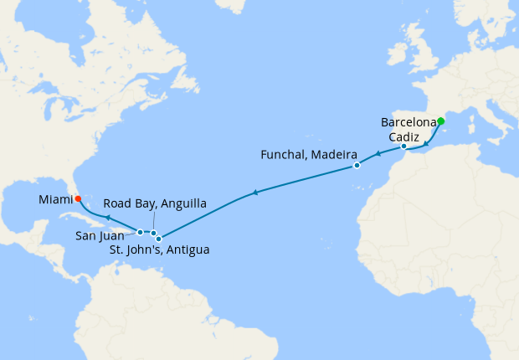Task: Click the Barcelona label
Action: pos(409,122)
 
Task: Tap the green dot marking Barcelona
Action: pos(441,121)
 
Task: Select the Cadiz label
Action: pos(409,136)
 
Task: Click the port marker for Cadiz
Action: pos(403,147)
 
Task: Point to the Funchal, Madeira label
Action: pos(309,156)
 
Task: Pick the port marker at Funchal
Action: pos(357,166)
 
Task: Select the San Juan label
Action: pos(100,236)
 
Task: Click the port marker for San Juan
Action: pos(141,232)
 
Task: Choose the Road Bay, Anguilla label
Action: pos(155,203)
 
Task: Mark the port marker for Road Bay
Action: pos(154,233)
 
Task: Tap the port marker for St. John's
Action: pos(159,239)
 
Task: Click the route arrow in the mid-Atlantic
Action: pos(254,193)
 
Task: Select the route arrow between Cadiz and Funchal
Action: pos(377,154)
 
